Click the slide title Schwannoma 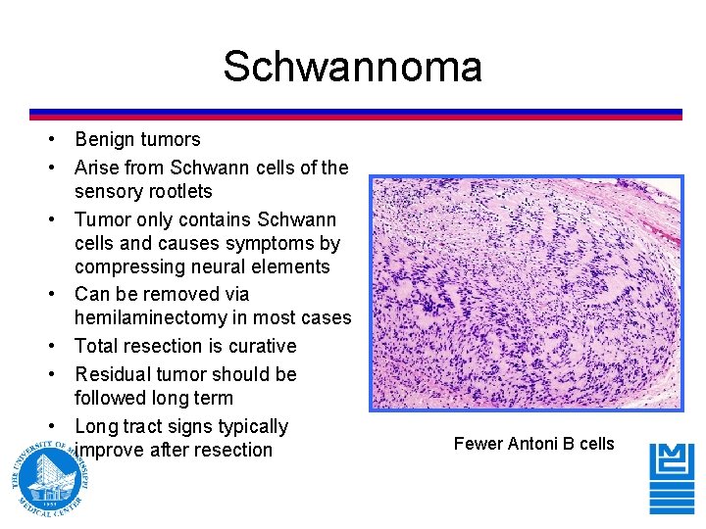tap(352, 67)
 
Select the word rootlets tap(177, 191)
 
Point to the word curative tap(262, 346)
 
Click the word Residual tap(111, 374)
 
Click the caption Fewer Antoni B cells tap(533, 444)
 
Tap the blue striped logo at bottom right tap(672, 477)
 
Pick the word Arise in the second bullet tap(96, 168)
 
